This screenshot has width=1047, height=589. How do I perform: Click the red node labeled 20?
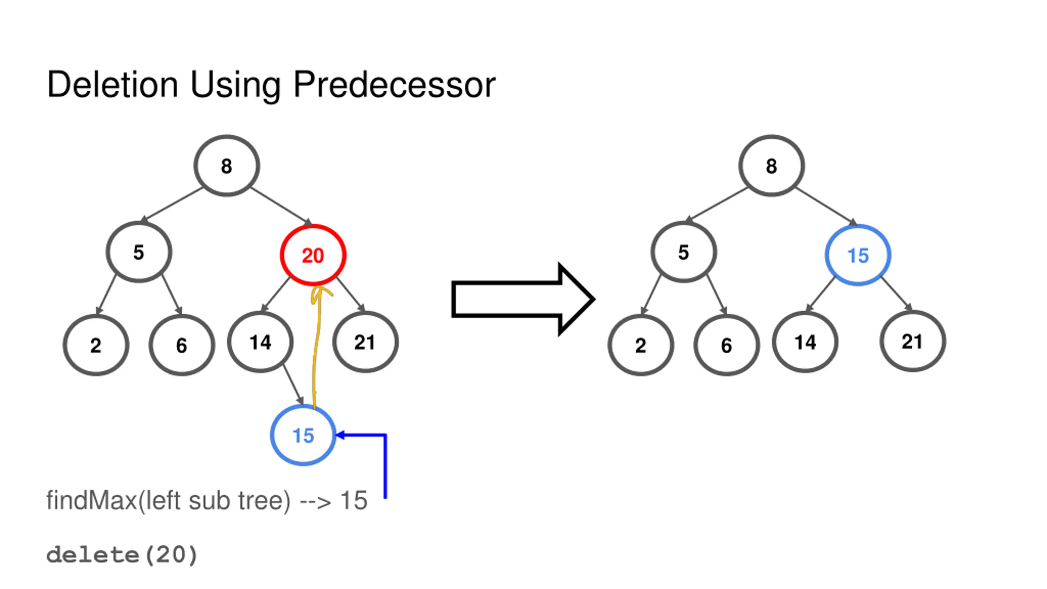click(x=313, y=255)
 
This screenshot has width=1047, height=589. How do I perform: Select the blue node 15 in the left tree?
click(x=303, y=435)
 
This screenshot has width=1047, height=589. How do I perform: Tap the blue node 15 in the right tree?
click(x=858, y=255)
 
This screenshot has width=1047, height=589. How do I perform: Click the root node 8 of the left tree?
click(x=227, y=166)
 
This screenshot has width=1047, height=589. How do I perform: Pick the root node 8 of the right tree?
click(x=771, y=166)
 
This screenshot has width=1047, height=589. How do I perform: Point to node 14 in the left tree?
click(x=261, y=342)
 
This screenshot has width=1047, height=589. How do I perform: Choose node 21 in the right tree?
click(x=912, y=341)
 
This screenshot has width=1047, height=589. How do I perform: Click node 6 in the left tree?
click(x=182, y=345)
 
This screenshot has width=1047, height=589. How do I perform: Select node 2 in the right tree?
click(x=640, y=345)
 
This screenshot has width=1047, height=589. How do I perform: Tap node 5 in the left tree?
click(x=139, y=252)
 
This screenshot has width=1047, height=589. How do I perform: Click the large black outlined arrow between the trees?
click(x=523, y=299)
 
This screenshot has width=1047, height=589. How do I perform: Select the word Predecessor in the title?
click(x=394, y=85)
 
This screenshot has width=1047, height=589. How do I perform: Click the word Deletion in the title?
click(x=112, y=85)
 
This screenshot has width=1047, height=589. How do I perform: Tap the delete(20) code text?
click(x=122, y=555)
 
